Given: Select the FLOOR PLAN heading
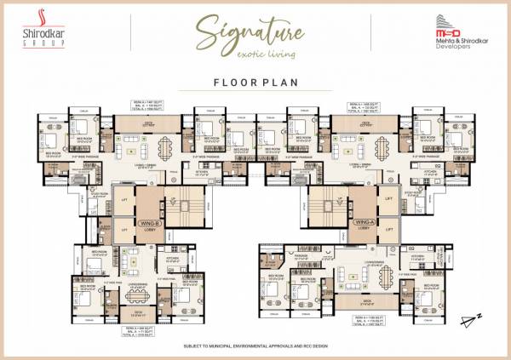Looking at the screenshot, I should [x=255, y=83].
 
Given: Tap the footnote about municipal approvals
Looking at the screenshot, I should [x=256, y=347].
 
